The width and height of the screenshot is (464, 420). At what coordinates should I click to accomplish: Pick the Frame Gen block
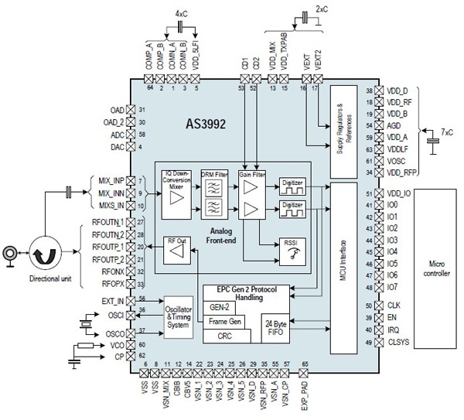click(224, 321)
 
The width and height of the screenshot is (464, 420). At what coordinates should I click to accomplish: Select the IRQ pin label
click(394, 330)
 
